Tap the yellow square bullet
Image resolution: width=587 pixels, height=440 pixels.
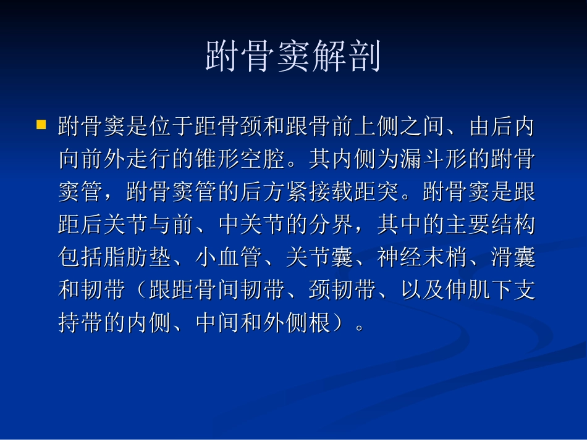click(41, 125)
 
